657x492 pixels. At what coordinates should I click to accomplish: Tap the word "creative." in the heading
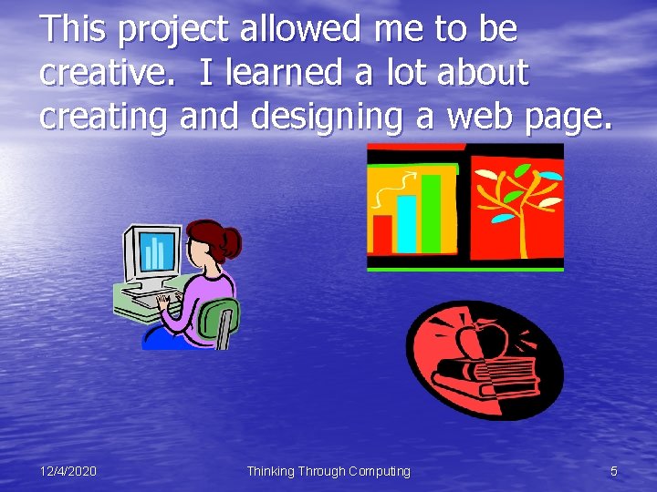click(108, 74)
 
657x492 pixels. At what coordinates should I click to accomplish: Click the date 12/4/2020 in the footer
click(68, 471)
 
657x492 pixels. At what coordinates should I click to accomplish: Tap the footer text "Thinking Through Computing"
click(328, 471)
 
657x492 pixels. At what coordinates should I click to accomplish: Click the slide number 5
click(614, 471)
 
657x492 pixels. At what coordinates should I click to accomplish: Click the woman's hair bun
click(232, 241)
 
